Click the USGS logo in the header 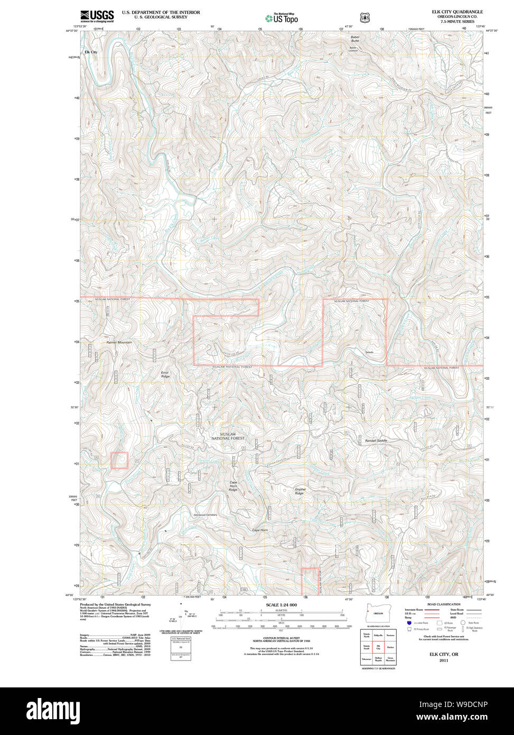pyautogui.click(x=97, y=16)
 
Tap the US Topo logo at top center pyautogui.click(x=282, y=18)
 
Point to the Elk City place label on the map pyautogui.click(x=91, y=52)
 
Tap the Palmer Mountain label pyautogui.click(x=119, y=343)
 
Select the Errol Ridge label pyautogui.click(x=165, y=374)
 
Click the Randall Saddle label pyautogui.click(x=376, y=440)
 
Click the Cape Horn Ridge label pyautogui.click(x=233, y=486)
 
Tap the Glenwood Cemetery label pyautogui.click(x=205, y=514)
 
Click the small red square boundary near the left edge pyautogui.click(x=119, y=461)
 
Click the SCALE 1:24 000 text pyautogui.click(x=281, y=605)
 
